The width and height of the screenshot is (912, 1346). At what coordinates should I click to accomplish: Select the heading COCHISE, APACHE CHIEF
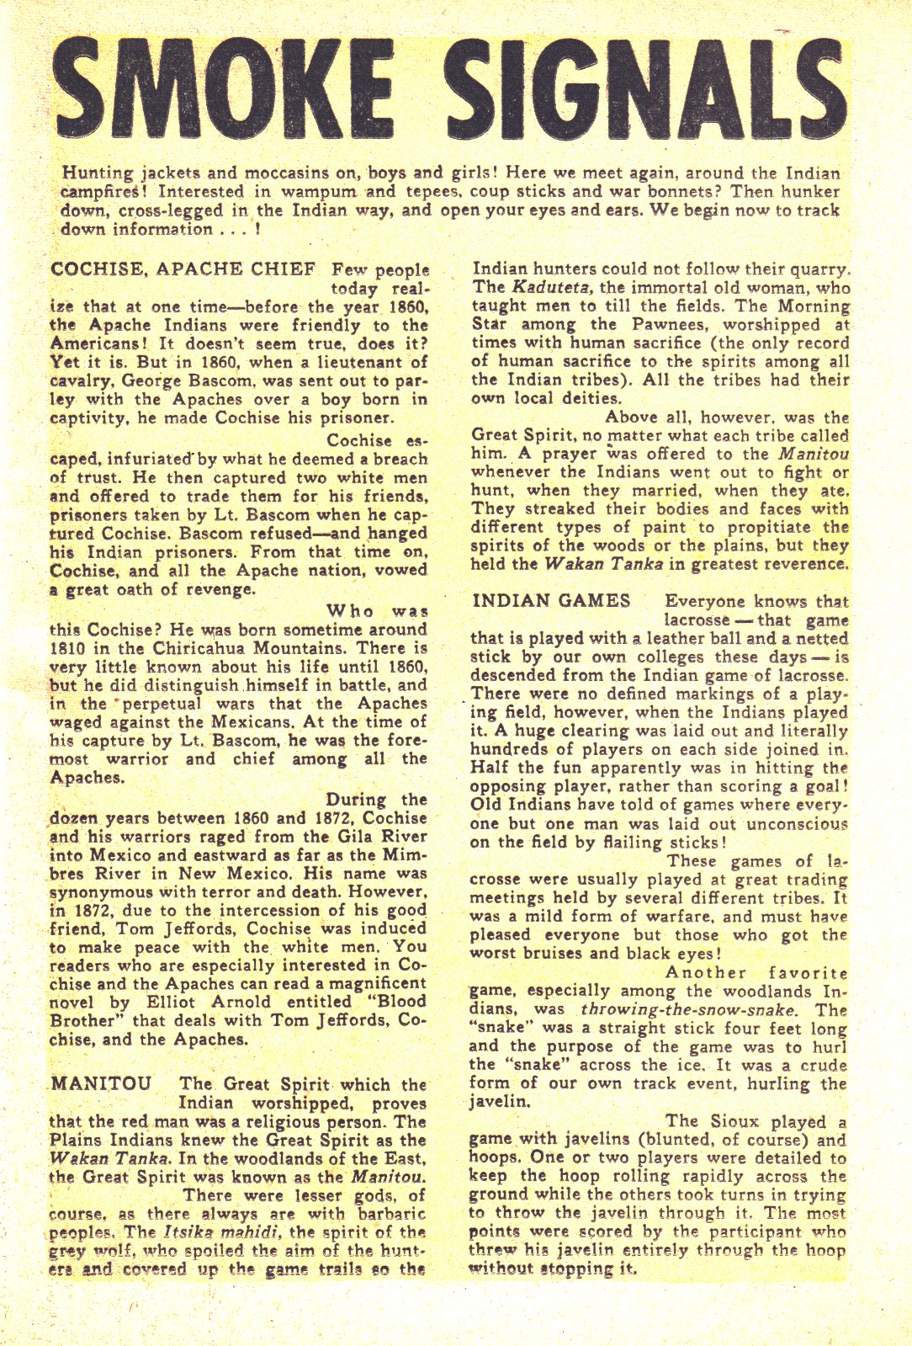click(183, 269)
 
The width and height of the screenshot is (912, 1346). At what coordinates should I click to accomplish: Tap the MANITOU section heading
click(101, 1083)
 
